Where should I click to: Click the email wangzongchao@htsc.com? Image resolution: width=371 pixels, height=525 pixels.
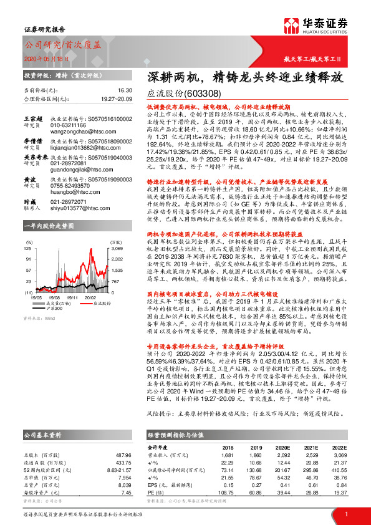tap(76, 132)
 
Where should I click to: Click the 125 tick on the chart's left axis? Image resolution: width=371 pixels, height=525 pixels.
tap(28, 248)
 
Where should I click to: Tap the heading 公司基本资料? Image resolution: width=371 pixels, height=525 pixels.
tap(43, 435)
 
